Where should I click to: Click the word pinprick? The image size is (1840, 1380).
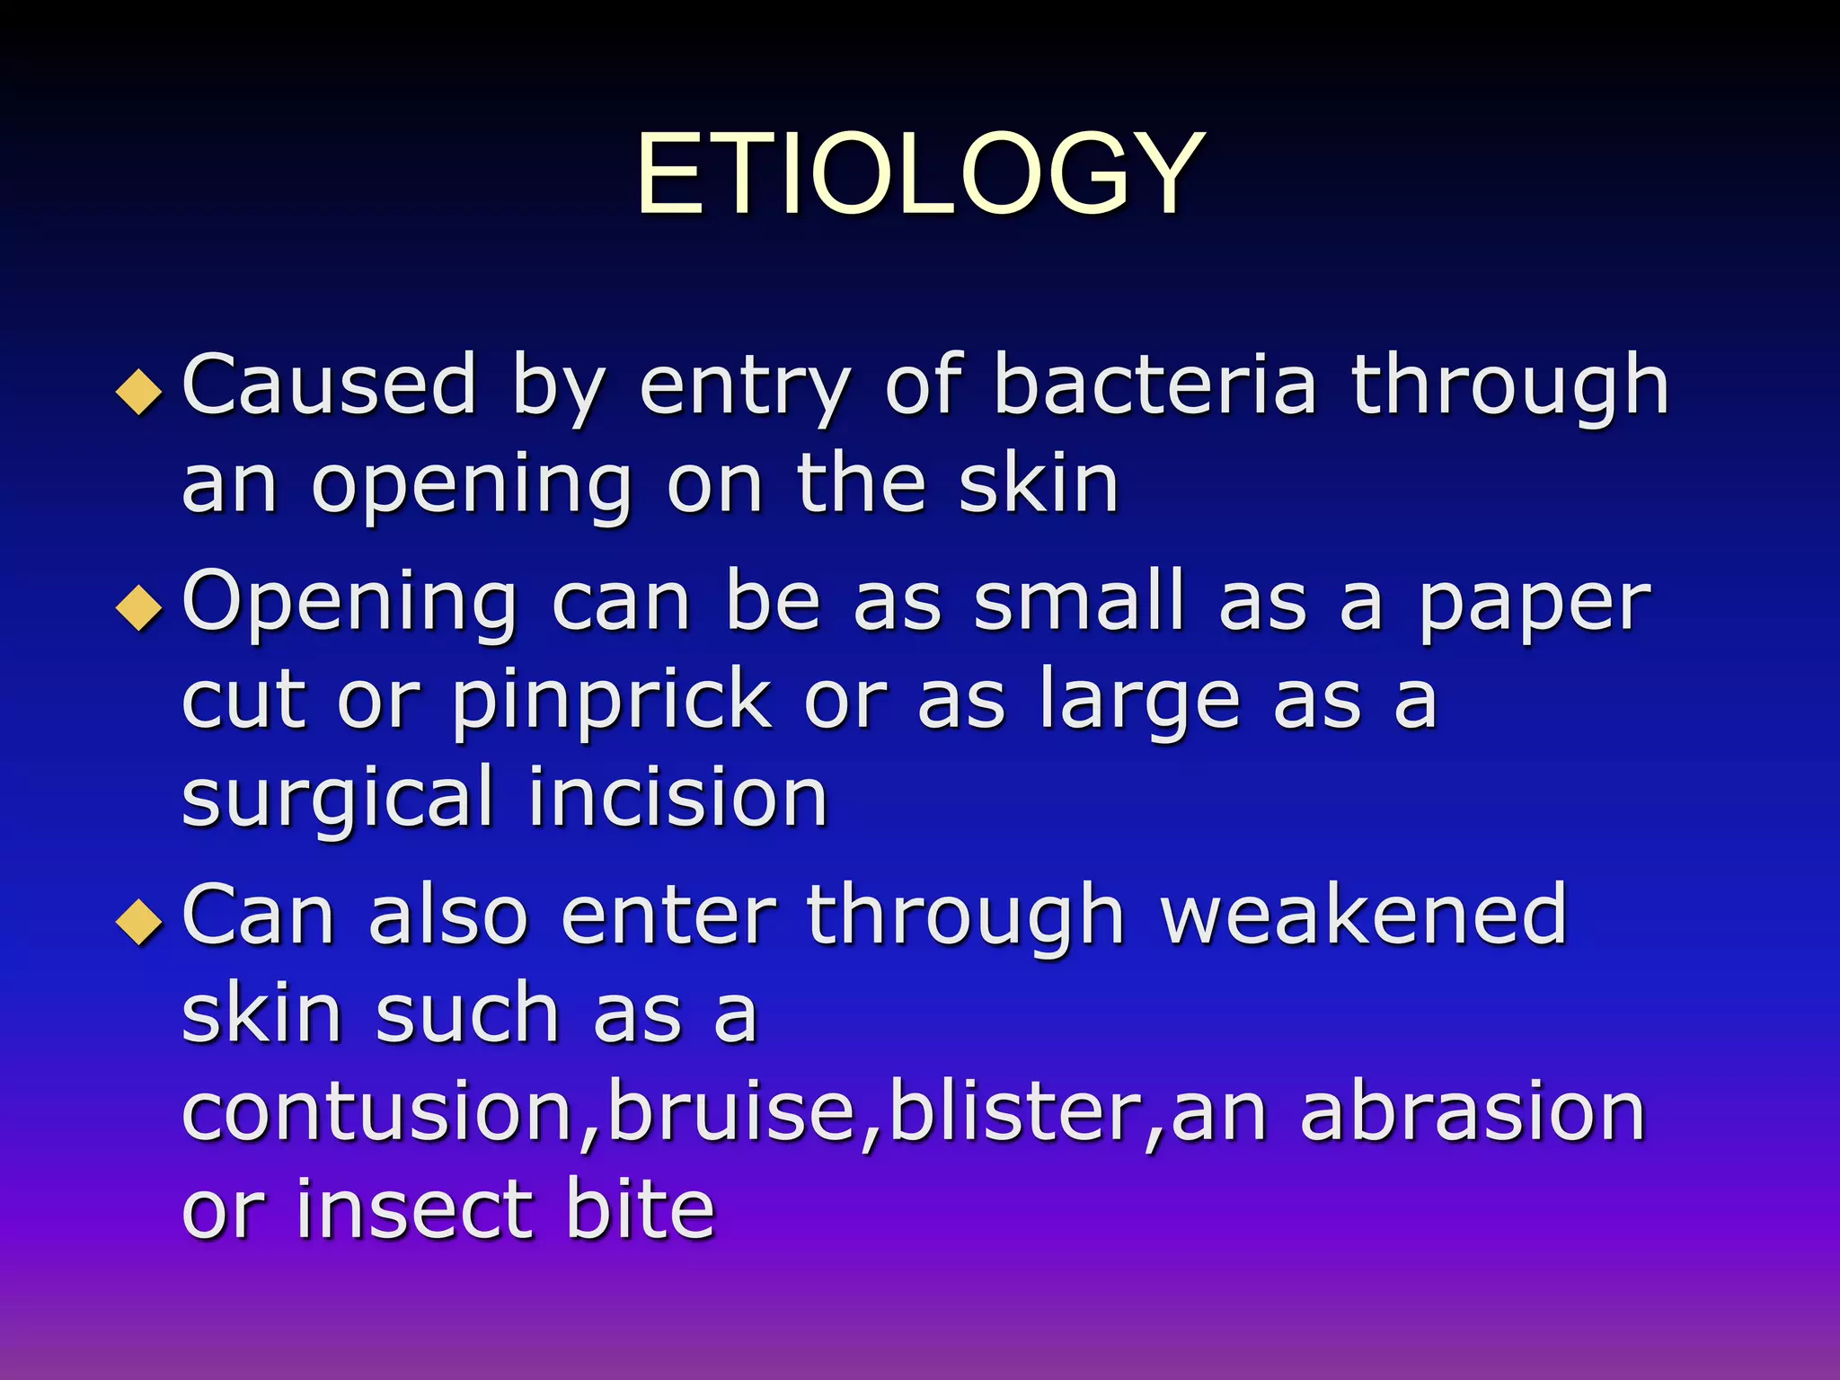point(612,702)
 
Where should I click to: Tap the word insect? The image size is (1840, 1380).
point(414,1210)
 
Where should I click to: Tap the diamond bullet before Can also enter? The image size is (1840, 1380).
point(139,922)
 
